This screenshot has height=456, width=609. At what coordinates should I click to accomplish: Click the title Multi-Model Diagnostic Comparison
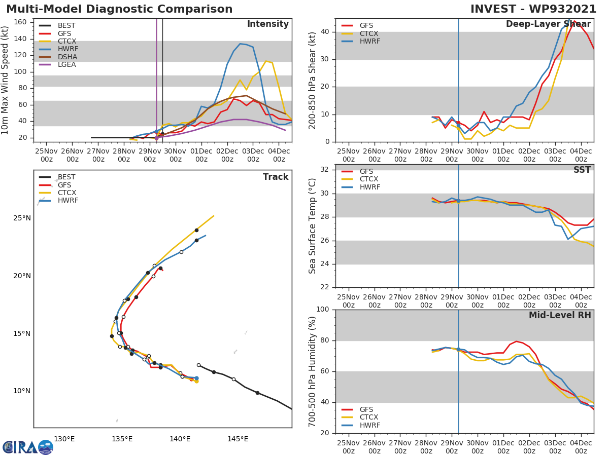(119, 9)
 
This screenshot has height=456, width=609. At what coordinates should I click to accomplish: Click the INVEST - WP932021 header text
(533, 9)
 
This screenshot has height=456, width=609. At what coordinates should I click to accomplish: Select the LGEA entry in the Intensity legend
(66, 64)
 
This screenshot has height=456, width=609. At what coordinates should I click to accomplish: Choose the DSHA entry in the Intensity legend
(67, 57)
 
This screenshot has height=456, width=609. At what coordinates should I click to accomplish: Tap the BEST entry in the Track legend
(66, 177)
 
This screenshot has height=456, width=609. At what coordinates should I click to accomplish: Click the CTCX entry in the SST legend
(369, 179)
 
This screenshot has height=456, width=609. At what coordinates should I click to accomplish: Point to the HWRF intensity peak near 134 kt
(241, 44)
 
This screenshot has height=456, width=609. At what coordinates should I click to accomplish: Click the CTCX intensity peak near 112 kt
(266, 61)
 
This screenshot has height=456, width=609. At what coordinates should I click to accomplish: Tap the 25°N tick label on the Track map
(21, 218)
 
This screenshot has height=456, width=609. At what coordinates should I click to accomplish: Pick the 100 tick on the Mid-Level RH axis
(325, 310)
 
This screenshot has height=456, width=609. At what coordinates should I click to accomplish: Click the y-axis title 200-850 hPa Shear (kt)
(313, 80)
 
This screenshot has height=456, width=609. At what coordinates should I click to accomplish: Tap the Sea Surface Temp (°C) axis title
(313, 225)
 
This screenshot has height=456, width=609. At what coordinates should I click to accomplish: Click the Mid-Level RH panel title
(559, 316)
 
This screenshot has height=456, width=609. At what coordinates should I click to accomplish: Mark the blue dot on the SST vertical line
(458, 201)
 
